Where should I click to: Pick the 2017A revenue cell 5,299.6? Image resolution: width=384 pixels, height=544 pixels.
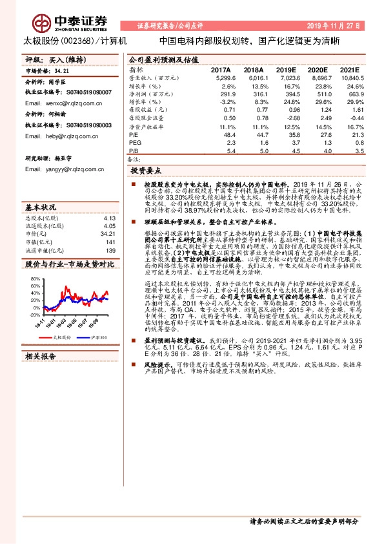(218, 77)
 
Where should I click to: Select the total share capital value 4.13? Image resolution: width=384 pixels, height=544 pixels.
(110, 218)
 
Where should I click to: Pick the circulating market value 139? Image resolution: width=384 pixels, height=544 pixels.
(110, 250)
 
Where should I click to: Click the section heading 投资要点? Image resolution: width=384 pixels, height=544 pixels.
(146, 171)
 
